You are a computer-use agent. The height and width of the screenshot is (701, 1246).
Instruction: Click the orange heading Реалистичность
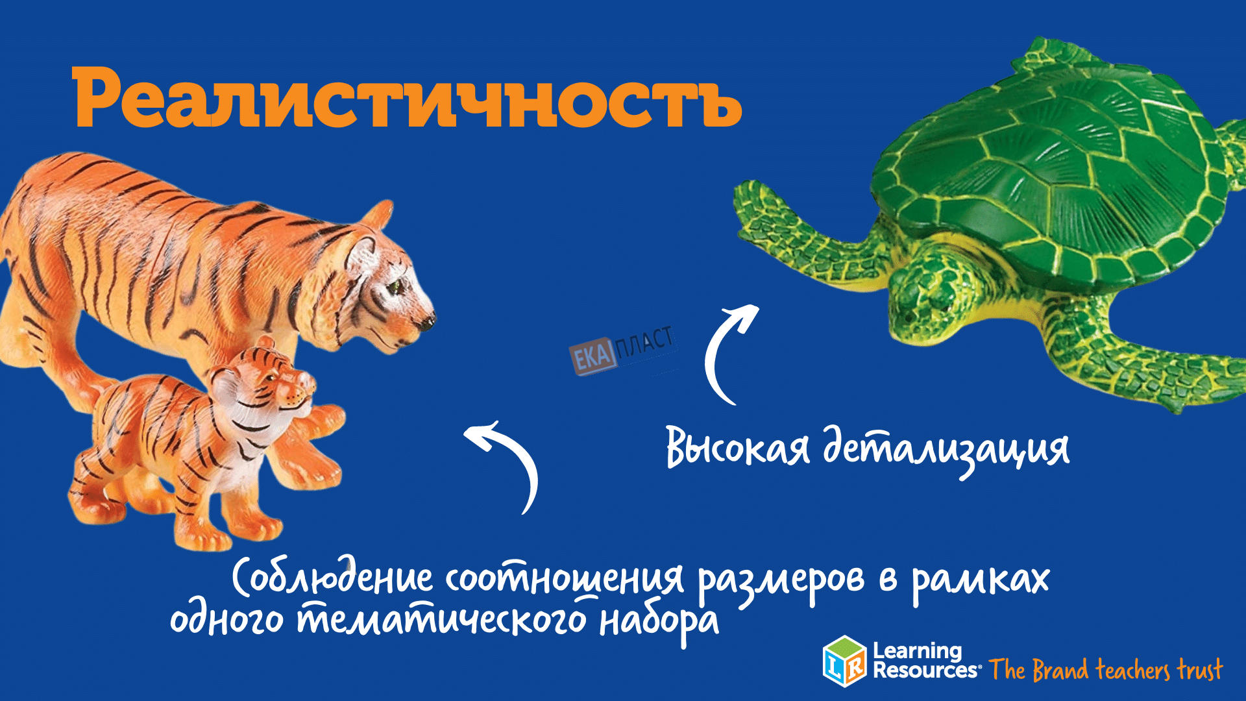pyautogui.click(x=408, y=98)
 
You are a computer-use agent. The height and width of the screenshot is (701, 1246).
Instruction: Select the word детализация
pyautogui.click(x=946, y=449)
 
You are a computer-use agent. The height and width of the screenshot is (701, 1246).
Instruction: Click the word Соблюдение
pyautogui.click(x=332, y=576)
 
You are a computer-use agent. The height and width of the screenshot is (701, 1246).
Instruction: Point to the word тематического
pyautogui.click(x=442, y=619)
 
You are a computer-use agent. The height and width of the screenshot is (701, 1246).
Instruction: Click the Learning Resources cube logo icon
pyautogui.click(x=844, y=661)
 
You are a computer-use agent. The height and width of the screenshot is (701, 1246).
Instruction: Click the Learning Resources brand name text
pyautogui.click(x=925, y=660)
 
